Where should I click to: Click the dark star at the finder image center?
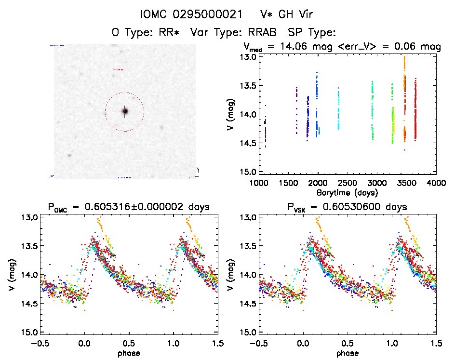coord(125,111)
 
